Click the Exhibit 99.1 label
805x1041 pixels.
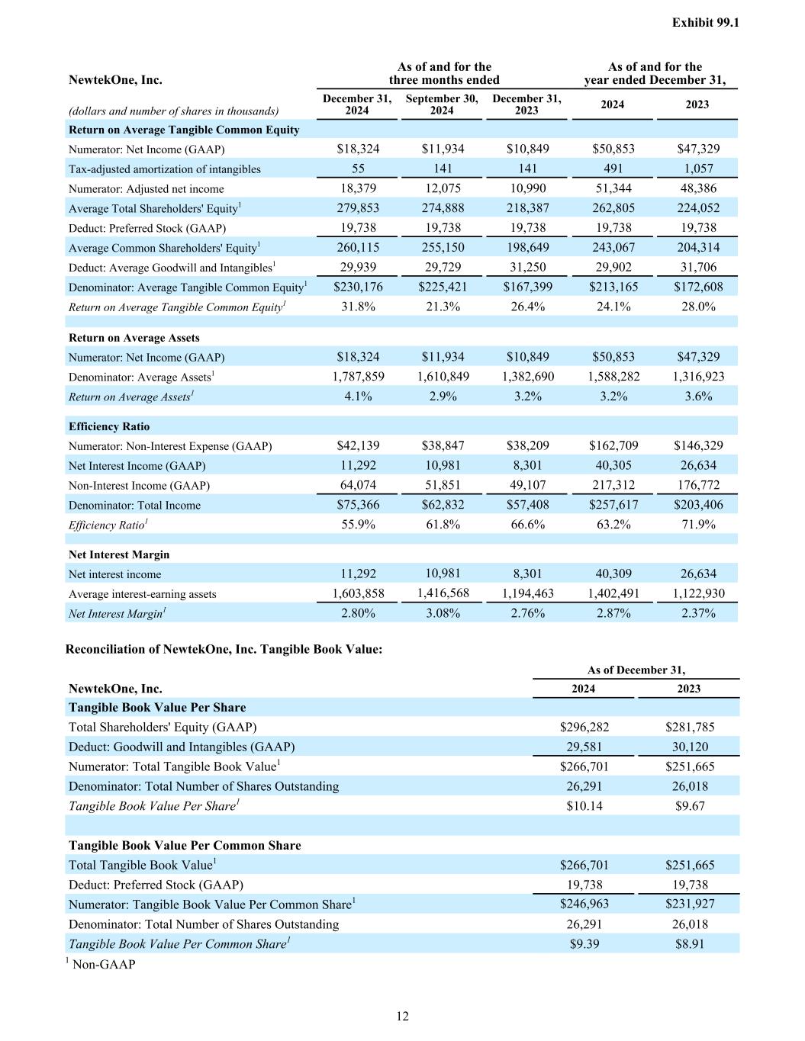point(705,23)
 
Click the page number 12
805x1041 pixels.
point(402,1016)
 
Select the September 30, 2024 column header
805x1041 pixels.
point(442,104)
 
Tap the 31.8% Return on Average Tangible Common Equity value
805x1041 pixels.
point(358,307)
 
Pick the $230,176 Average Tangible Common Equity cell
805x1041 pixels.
point(358,287)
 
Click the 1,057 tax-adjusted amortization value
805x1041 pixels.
point(697,169)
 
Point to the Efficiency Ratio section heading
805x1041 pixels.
point(109,426)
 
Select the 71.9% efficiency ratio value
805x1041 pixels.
point(697,525)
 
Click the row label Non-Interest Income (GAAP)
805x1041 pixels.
point(139,485)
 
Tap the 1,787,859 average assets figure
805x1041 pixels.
point(358,376)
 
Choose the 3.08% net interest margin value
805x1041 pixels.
point(443,613)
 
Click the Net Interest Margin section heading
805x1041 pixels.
point(119,554)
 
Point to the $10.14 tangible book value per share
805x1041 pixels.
point(584,805)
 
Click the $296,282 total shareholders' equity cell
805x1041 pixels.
point(584,727)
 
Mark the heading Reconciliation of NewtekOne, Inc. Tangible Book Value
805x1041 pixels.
point(224,649)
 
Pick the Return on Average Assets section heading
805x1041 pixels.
point(134,338)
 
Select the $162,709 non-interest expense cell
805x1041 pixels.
point(613,445)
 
